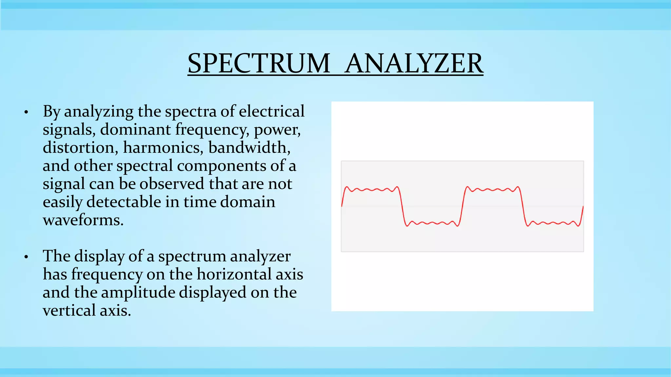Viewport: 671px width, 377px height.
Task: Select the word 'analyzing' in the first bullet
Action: [x=99, y=112]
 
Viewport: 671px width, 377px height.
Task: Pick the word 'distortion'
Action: [x=80, y=148]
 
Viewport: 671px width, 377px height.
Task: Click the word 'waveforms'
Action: [x=83, y=220]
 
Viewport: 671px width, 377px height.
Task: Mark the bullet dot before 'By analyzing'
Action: [x=26, y=113]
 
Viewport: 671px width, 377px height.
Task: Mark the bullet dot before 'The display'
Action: [x=26, y=257]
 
